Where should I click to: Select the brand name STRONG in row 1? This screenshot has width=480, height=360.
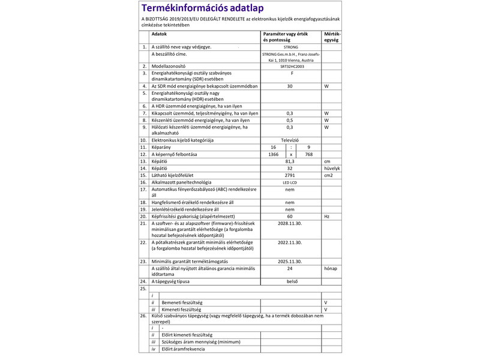290,47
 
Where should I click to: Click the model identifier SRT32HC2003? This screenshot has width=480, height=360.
290,66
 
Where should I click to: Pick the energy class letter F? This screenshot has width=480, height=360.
290,73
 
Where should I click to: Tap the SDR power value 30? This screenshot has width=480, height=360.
290,86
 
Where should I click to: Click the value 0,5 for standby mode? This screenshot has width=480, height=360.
290,120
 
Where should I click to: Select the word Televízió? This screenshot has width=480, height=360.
290,140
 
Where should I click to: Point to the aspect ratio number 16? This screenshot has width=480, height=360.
274,147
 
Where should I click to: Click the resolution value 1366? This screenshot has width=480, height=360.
274,154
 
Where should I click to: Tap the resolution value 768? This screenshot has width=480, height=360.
308,154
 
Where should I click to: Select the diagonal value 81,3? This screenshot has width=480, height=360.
290,161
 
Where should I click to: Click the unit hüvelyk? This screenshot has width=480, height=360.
332,169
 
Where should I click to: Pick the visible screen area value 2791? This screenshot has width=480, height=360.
290,175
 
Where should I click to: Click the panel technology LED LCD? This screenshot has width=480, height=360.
290,182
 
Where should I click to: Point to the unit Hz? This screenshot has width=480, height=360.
327,216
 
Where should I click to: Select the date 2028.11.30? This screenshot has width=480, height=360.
290,223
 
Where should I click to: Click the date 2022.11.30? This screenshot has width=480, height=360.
290,242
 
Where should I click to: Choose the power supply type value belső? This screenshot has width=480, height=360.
290,281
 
